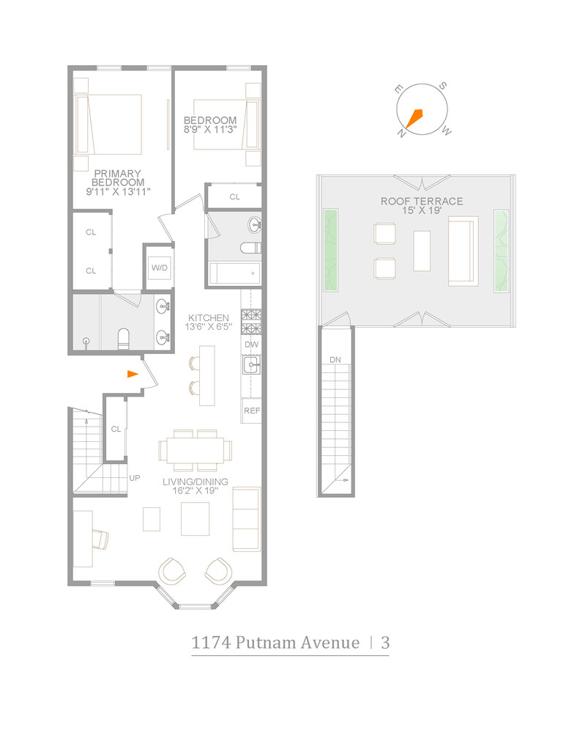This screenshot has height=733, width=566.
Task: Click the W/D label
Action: pos(160,268)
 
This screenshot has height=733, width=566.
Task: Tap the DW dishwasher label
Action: pos(251,345)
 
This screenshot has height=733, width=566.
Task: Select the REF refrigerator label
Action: pos(251,411)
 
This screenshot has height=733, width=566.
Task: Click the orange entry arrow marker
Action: pos(132,374)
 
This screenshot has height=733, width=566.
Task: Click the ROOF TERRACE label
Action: pos(421,202)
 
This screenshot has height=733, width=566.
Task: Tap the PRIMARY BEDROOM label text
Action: pos(117,177)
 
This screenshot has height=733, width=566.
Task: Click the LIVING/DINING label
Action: pos(196,482)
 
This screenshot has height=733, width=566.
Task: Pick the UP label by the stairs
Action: pos(135,478)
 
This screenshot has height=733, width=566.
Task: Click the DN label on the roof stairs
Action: pos(335,360)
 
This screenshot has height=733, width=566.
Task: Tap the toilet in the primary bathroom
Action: pos(123,338)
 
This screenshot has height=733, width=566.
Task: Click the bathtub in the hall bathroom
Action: pos(235,273)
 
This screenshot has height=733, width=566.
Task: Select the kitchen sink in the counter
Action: pos(251,364)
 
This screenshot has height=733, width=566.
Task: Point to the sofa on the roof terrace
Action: pos(462,251)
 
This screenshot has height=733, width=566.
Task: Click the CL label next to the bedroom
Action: pos(234,196)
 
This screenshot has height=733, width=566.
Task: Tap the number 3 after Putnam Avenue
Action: pos(384,643)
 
